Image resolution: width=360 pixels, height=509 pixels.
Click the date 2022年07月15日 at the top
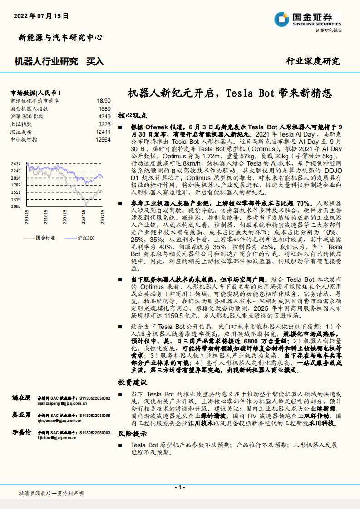tap(41, 15)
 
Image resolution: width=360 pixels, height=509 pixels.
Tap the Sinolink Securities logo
tap(307, 19)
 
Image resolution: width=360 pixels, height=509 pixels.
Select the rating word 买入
tap(95, 61)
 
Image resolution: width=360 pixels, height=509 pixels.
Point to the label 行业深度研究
tap(312, 61)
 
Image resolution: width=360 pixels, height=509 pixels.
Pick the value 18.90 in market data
tap(104, 101)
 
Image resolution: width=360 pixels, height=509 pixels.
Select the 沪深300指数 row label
tap(27, 117)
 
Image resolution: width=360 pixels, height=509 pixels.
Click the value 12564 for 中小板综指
tap(103, 140)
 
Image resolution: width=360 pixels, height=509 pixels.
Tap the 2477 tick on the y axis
tap(16, 164)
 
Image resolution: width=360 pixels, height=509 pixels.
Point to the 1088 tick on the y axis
tap(16, 206)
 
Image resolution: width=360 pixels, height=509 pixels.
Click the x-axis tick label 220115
tap(65, 219)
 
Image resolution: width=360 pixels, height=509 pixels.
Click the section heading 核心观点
tap(132, 115)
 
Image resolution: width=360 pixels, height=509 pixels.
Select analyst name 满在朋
tap(21, 398)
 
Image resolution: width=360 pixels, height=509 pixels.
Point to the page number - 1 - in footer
tap(180, 487)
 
